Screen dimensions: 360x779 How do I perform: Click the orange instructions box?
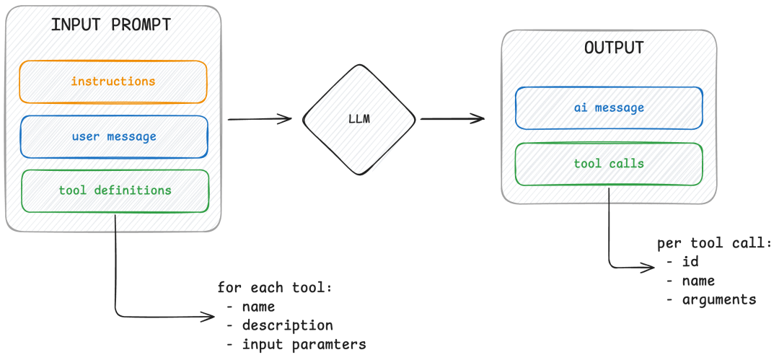[113, 82]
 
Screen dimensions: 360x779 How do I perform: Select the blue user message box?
[113, 136]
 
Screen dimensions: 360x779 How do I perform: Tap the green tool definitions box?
[115, 190]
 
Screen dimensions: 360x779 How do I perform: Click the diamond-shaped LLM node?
[359, 120]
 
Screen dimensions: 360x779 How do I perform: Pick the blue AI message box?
[609, 107]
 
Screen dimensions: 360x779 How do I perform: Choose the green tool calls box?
[609, 164]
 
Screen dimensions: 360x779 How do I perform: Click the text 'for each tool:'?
[275, 288]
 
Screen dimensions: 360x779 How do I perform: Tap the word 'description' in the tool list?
[287, 325]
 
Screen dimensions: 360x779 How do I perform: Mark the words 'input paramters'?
[304, 344]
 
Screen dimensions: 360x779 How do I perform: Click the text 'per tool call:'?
[714, 243]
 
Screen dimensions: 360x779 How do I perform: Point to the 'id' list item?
[690, 262]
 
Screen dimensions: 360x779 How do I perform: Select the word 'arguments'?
[719, 299]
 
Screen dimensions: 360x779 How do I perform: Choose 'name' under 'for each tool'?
[259, 307]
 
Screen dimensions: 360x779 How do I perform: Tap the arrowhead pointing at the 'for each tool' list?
[206, 315]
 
